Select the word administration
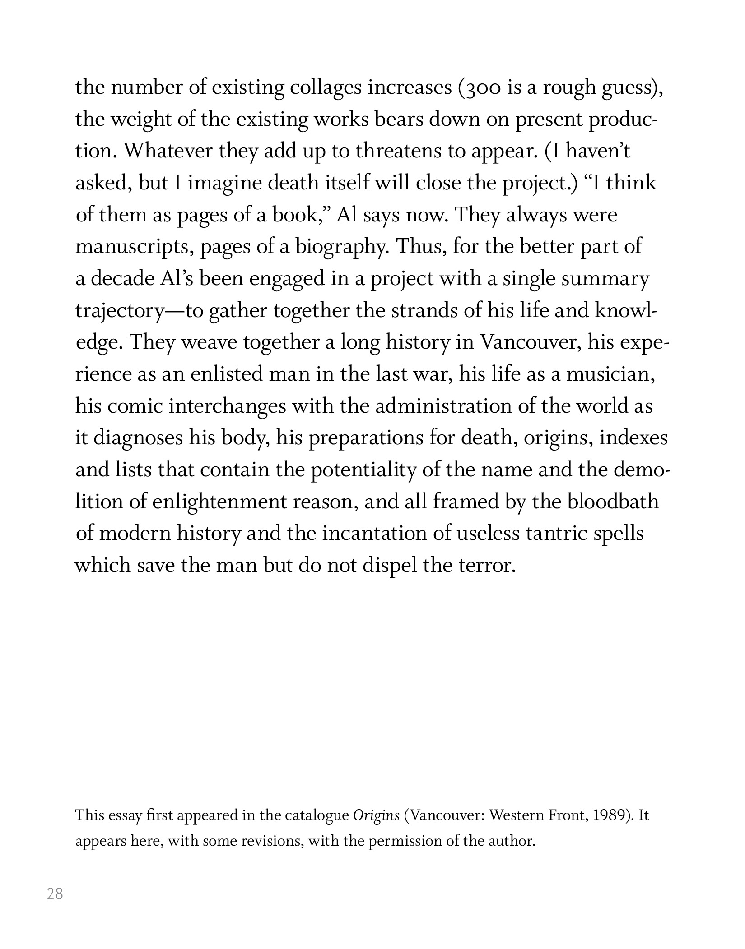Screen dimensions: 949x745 click(443, 406)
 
